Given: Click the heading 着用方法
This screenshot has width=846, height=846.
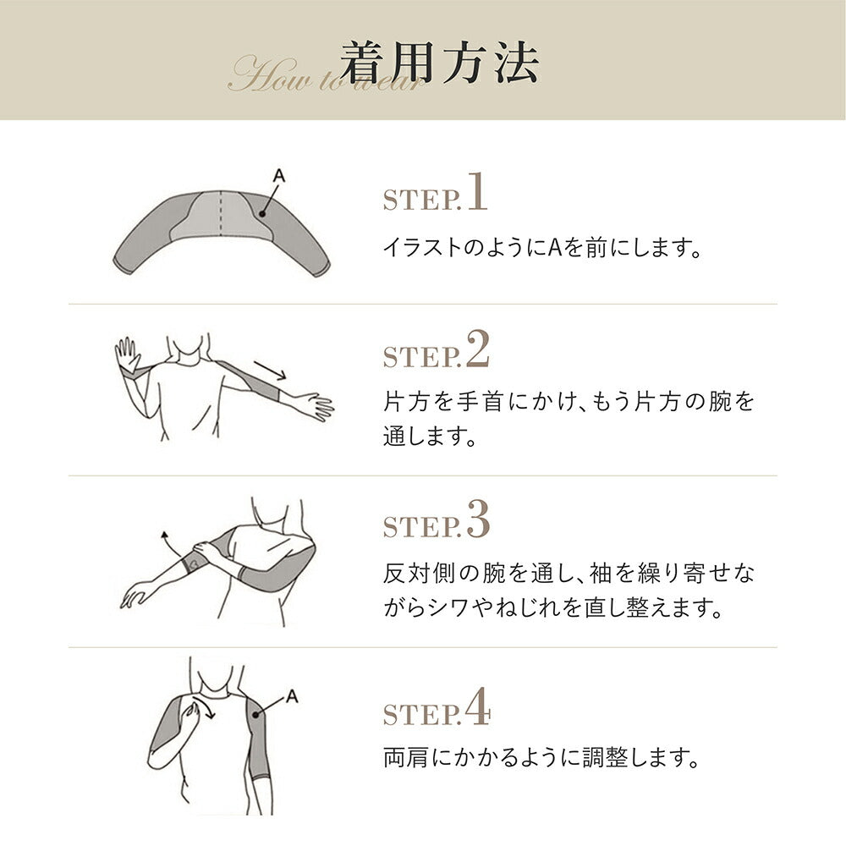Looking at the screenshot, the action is (439, 63).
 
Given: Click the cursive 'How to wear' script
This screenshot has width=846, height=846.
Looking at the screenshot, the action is (326, 74).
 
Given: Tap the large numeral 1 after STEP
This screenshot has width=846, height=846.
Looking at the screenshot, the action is (477, 191).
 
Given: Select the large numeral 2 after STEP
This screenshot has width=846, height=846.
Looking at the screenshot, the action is (478, 349).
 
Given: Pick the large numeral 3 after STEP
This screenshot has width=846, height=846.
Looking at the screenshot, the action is (478, 519).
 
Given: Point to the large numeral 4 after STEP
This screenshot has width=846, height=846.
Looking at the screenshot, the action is (478, 706).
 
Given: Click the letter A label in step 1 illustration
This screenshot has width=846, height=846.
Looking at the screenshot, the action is (279, 176).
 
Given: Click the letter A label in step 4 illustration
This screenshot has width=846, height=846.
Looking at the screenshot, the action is (292, 696).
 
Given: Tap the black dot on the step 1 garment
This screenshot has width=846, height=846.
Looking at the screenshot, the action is (262, 214).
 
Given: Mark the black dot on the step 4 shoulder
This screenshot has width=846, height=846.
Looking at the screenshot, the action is (255, 715).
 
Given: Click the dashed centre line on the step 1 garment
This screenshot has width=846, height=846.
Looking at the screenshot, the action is (221, 213).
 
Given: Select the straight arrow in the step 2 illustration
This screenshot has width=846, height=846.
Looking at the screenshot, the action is (270, 371).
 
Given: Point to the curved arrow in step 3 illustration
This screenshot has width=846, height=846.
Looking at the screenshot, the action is (172, 545).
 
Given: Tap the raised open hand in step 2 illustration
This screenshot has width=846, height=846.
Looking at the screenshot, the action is (128, 354).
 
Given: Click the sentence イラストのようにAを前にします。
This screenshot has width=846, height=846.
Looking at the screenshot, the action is (542, 248).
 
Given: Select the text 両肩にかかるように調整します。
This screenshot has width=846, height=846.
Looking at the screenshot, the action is (541, 757).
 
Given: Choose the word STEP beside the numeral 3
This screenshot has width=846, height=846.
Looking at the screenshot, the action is (422, 526).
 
